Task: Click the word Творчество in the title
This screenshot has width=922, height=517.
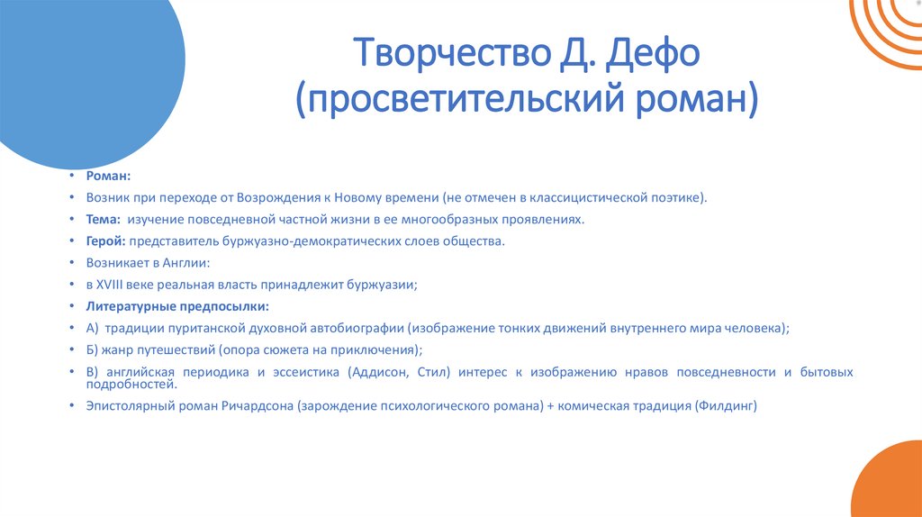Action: click(439, 57)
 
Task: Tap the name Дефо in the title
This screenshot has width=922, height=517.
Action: click(657, 57)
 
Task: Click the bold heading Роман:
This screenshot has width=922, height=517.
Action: click(109, 177)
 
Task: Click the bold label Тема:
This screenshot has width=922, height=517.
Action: click(103, 219)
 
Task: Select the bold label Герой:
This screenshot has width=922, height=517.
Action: click(106, 240)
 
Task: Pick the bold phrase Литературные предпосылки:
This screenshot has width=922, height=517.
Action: click(172, 306)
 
